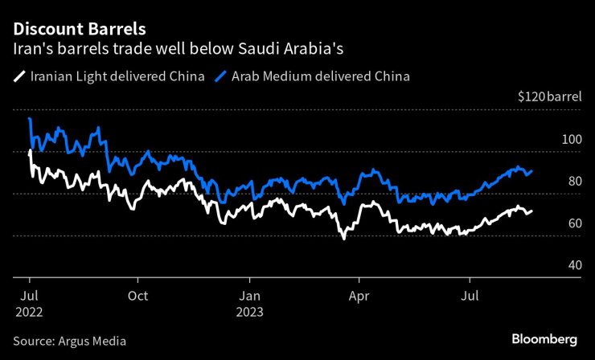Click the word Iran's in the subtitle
tap(30, 50)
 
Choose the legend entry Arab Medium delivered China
tap(320, 78)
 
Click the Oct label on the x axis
tap(137, 295)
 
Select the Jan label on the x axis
tap(249, 295)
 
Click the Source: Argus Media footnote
tap(69, 341)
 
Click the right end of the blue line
tap(531, 171)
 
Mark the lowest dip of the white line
tap(343, 239)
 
